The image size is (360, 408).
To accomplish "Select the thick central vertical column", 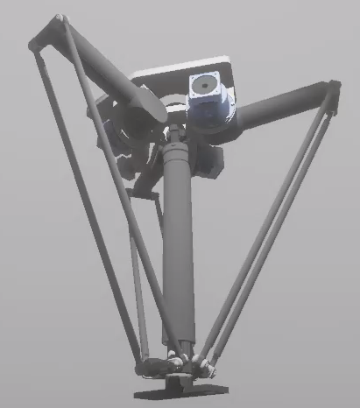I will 179,245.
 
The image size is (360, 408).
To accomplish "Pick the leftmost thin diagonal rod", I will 83,201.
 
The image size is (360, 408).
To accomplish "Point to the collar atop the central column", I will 176,136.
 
